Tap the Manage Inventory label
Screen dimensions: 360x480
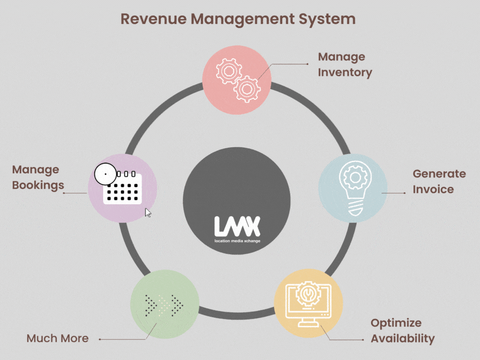[345, 65]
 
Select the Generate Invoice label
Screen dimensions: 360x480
[439, 181]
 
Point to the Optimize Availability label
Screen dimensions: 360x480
[402, 330]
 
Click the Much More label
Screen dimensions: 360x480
[57, 338]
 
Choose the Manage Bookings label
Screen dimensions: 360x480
[37, 177]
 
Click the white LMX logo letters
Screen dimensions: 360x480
[237, 226]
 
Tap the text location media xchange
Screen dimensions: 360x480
[237, 241]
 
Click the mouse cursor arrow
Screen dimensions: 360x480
[148, 213]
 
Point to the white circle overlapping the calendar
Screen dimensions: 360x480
[105, 174]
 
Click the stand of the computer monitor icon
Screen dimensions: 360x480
[308, 322]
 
